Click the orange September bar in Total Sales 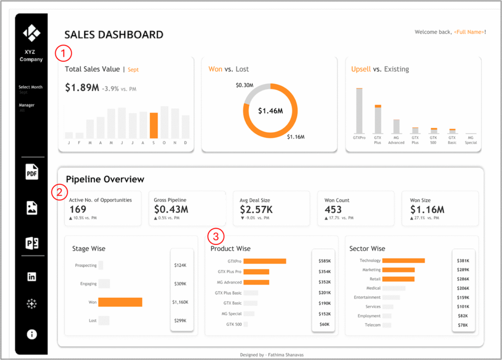tap(153, 125)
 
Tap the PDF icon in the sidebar tap(32, 172)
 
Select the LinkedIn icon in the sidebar tap(32, 277)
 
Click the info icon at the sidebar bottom tap(32, 335)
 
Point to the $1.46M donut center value tap(271, 111)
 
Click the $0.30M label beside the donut tap(244, 85)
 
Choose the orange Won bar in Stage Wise tap(120, 302)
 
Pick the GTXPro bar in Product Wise tap(265, 262)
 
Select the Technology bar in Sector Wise tap(403, 261)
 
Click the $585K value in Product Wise tap(325, 262)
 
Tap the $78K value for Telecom tap(463, 325)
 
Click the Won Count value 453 tap(333, 210)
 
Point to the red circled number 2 tap(59, 192)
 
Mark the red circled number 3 tap(214, 237)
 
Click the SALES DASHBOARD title tap(114, 35)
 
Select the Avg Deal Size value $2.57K tap(256, 210)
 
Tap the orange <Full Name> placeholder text tap(469, 32)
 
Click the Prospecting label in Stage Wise tap(86, 265)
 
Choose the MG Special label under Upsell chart tap(471, 140)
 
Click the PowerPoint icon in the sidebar tap(32, 243)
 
